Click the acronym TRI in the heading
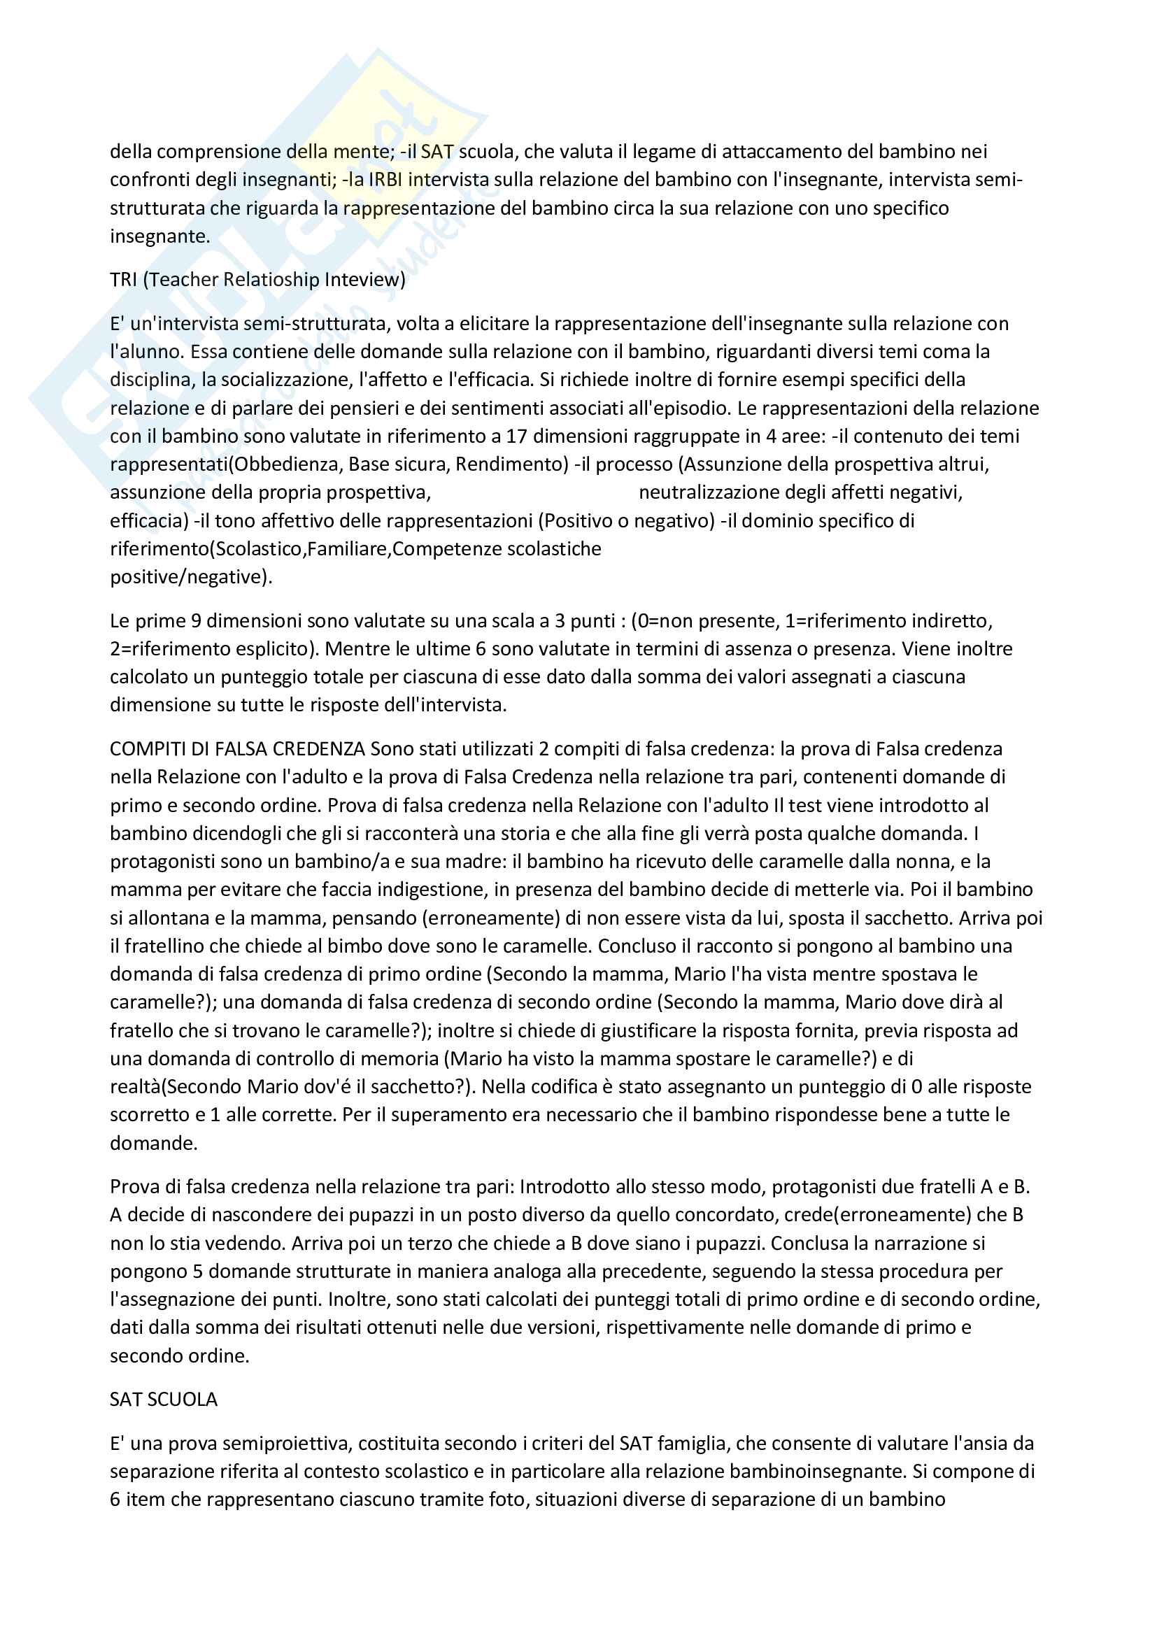123,279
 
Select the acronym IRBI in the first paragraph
385,180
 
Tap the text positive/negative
190,576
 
